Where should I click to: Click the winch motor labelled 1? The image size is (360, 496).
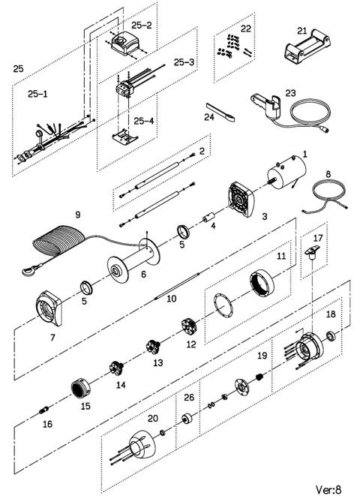(x=286, y=173)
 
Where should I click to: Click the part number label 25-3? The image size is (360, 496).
(x=184, y=62)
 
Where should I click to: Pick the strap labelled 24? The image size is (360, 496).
(x=220, y=113)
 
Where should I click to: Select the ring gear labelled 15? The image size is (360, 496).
(x=80, y=388)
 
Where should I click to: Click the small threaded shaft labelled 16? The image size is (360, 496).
(x=44, y=410)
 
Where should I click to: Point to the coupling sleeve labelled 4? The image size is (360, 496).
(x=208, y=218)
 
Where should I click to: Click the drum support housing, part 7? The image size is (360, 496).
(x=49, y=308)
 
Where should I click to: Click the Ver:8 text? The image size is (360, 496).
(x=328, y=490)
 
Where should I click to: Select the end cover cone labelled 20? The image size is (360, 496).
(x=142, y=443)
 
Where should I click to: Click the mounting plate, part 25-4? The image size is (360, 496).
(x=124, y=137)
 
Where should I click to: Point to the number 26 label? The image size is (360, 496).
(x=189, y=397)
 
